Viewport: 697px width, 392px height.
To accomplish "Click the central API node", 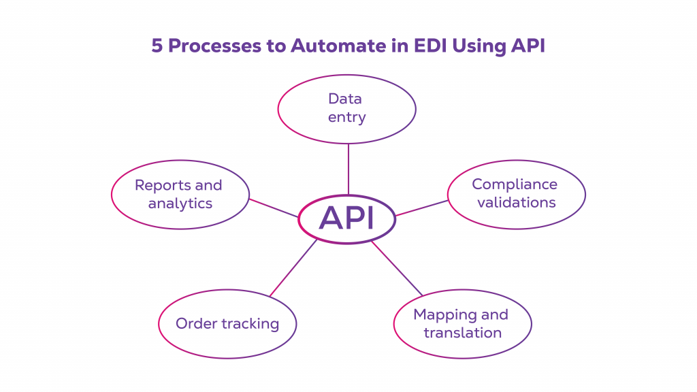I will coord(347,219).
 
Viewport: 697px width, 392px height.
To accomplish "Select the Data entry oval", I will coord(347,108).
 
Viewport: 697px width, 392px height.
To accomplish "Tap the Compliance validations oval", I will coord(516,193).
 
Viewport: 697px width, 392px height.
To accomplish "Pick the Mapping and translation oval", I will coord(462,323).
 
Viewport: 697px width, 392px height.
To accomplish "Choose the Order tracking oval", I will coord(227,323).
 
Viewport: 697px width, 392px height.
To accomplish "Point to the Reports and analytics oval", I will coord(180,194).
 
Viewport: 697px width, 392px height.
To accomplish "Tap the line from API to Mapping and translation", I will coord(397,268).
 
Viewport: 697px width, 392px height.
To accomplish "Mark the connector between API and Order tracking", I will coord(294,267).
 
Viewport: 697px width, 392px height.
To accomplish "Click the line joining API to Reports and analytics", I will coord(274,208).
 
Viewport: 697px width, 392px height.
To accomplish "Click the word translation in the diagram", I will coord(462,333).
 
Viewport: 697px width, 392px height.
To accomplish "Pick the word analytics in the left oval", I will coord(180,203).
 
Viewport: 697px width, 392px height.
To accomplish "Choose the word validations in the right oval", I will coord(516,202).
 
